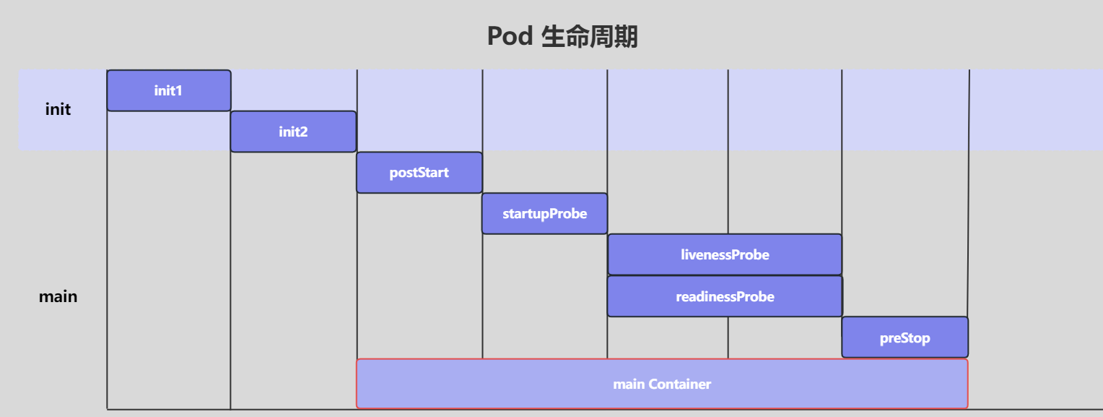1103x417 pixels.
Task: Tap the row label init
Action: point(58,110)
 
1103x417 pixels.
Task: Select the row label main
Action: point(58,296)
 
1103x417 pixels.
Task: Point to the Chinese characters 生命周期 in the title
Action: point(589,36)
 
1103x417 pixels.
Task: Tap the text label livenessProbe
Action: point(725,255)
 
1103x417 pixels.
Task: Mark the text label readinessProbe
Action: point(725,297)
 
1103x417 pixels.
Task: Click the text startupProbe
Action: point(544,214)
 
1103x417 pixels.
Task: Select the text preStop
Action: point(904,338)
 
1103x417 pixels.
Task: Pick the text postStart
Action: point(419,173)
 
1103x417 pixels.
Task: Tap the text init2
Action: point(293,132)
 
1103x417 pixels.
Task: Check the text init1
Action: point(168,91)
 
